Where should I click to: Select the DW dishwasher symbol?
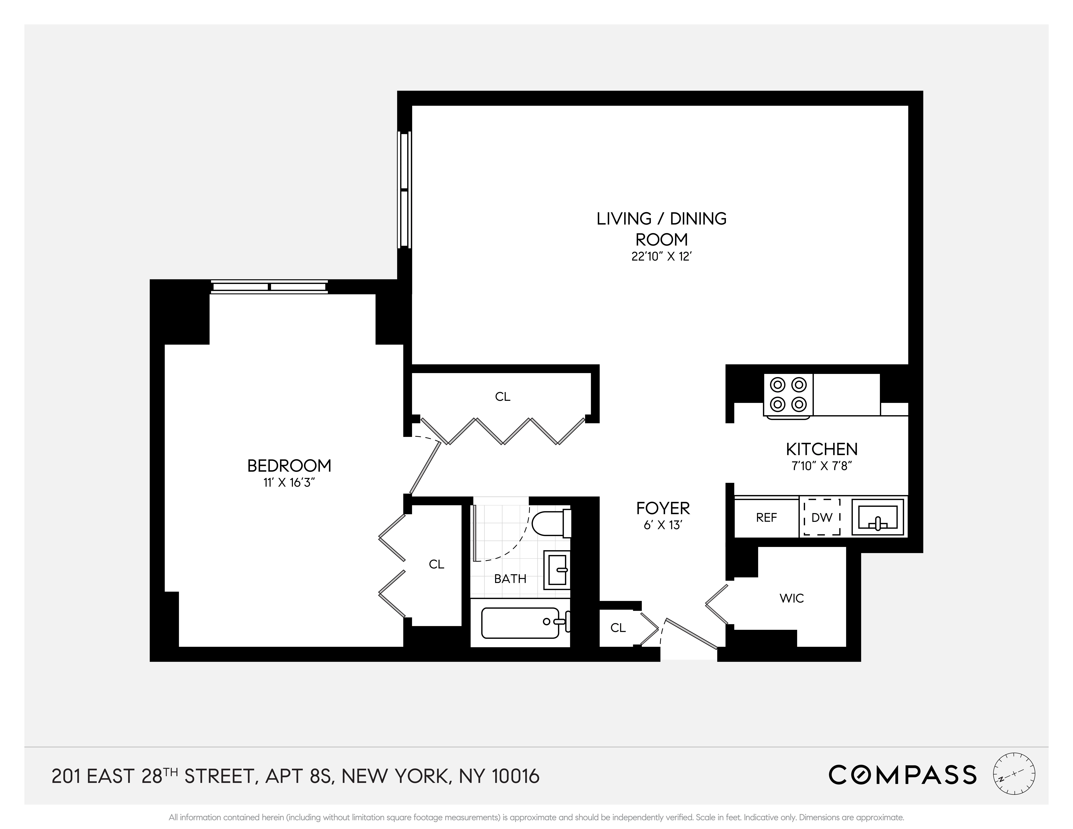(821, 517)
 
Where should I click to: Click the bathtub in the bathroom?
(521, 623)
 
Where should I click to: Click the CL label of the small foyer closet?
(618, 628)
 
